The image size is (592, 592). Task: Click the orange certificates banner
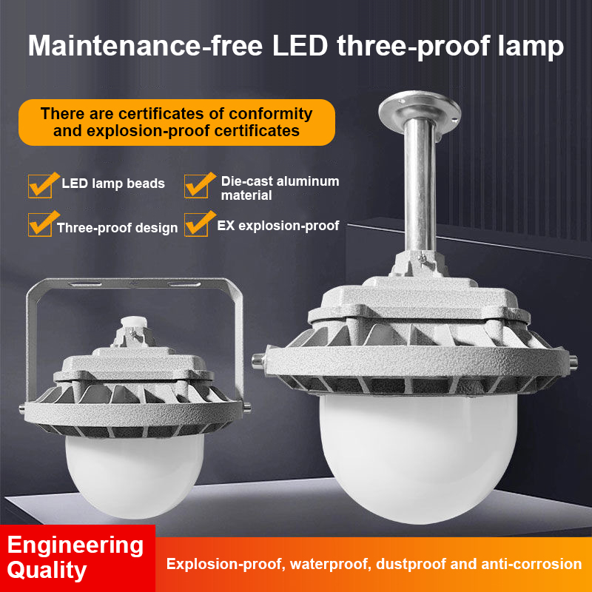[x=177, y=122]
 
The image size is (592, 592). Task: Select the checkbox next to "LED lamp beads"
[x=40, y=184]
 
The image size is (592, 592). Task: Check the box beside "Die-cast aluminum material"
[x=196, y=184]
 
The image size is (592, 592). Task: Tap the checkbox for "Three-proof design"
[x=40, y=223]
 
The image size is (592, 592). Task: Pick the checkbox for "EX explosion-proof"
[x=196, y=223]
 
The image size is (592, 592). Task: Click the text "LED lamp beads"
[x=113, y=184]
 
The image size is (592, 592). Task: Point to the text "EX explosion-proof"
[x=278, y=226]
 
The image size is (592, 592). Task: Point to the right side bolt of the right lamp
[x=571, y=360]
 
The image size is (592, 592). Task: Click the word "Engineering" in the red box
[x=75, y=545]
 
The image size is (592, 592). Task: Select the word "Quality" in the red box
[x=47, y=571]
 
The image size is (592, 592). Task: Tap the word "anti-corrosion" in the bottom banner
[x=530, y=564]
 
